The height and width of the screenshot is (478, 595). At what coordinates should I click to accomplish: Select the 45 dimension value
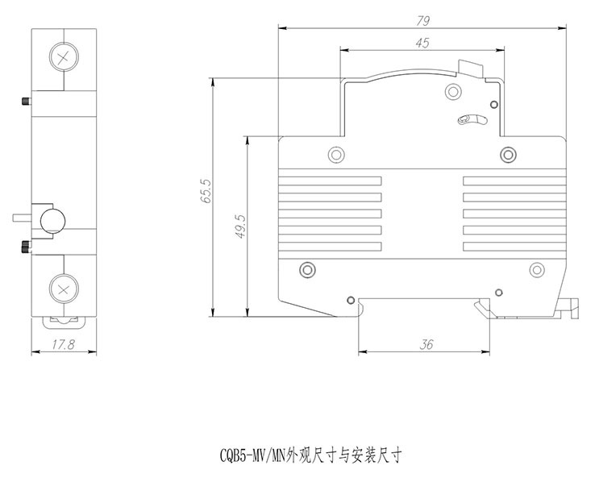pyautogui.click(x=422, y=44)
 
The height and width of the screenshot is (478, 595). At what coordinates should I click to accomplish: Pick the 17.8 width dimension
pyautogui.click(x=63, y=344)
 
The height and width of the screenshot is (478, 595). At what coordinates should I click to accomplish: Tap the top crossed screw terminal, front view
pyautogui.click(x=63, y=56)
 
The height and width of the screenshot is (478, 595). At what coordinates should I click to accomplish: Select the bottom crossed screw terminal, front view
pyautogui.click(x=63, y=288)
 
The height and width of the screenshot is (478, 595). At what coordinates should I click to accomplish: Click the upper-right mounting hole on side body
pyautogui.click(x=507, y=154)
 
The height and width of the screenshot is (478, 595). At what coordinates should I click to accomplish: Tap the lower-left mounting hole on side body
pyautogui.click(x=306, y=269)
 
